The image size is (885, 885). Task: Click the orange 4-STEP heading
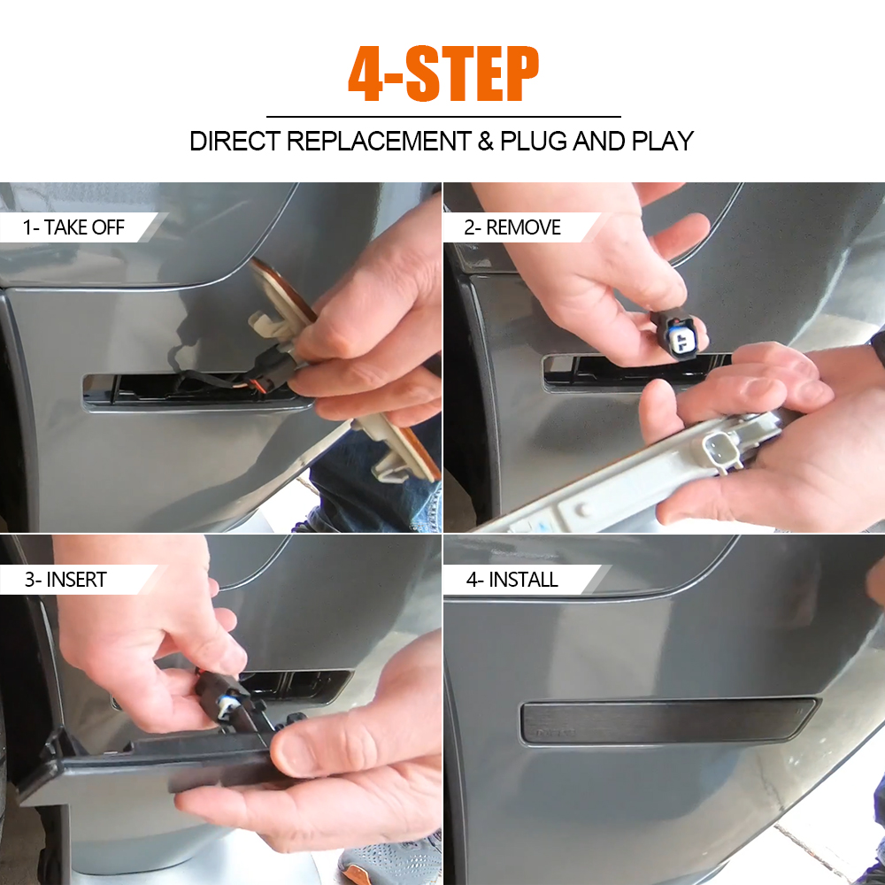coord(443,74)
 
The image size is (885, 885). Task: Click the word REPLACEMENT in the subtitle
coord(379,141)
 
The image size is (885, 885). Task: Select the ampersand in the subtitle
coord(485,141)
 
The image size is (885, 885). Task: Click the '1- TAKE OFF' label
coord(73,227)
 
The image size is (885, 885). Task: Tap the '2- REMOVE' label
coord(512,227)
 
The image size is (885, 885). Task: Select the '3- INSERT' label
coord(65,580)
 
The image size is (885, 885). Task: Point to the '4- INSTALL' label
coord(512,580)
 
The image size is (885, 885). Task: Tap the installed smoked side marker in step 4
coord(668,720)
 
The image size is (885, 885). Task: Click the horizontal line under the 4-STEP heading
coord(443,117)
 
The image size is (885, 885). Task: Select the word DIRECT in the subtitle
coord(235,141)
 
